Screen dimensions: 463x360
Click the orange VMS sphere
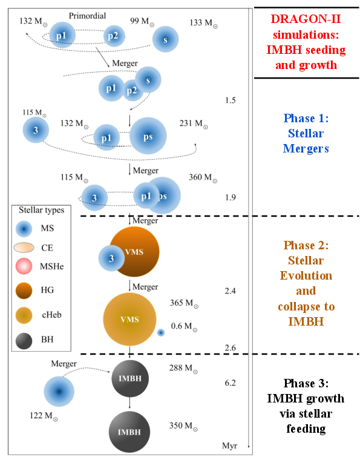134,252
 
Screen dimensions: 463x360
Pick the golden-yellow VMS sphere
129,319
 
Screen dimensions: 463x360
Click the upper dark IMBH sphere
130,379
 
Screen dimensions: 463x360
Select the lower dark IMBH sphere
130,432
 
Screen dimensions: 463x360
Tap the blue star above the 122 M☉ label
59,392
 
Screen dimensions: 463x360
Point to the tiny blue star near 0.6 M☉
160,332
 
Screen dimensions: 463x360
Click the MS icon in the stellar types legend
24,229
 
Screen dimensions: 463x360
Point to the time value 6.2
229,383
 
